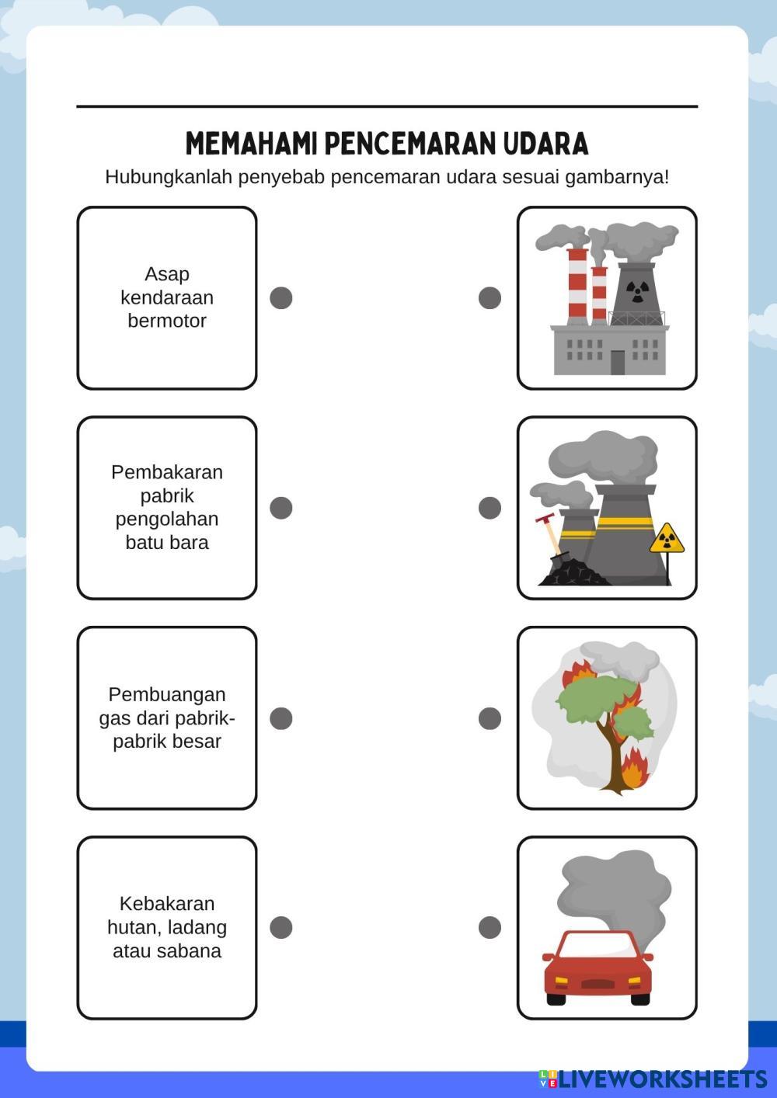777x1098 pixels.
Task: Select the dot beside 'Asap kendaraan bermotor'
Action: point(280,297)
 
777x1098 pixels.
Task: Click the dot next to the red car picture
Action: point(490,927)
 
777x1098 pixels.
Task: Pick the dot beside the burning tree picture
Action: point(490,718)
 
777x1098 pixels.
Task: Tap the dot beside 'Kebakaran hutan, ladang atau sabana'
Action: point(280,927)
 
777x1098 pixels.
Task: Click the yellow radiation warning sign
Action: point(667,538)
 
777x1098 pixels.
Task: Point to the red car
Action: point(597,971)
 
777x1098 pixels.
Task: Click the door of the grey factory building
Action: point(618,362)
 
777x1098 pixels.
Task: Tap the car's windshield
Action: point(597,945)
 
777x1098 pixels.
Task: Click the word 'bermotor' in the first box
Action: point(167,321)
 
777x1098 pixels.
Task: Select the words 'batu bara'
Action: point(167,543)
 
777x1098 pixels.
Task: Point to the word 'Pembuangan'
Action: point(167,694)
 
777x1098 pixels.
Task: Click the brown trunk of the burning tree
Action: point(613,765)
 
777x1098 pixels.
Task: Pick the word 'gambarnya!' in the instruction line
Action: point(617,177)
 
